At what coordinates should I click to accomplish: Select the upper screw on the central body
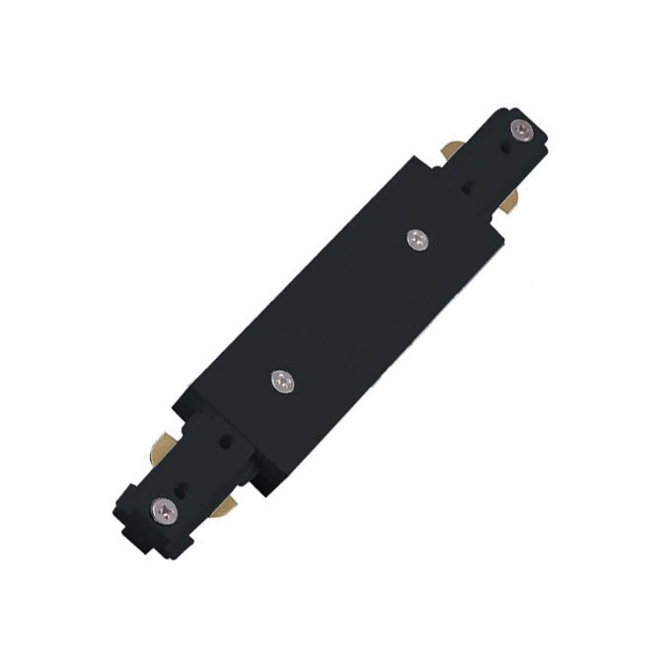(416, 238)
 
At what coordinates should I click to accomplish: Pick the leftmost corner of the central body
(174, 405)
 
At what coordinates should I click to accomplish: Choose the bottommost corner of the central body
(259, 490)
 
